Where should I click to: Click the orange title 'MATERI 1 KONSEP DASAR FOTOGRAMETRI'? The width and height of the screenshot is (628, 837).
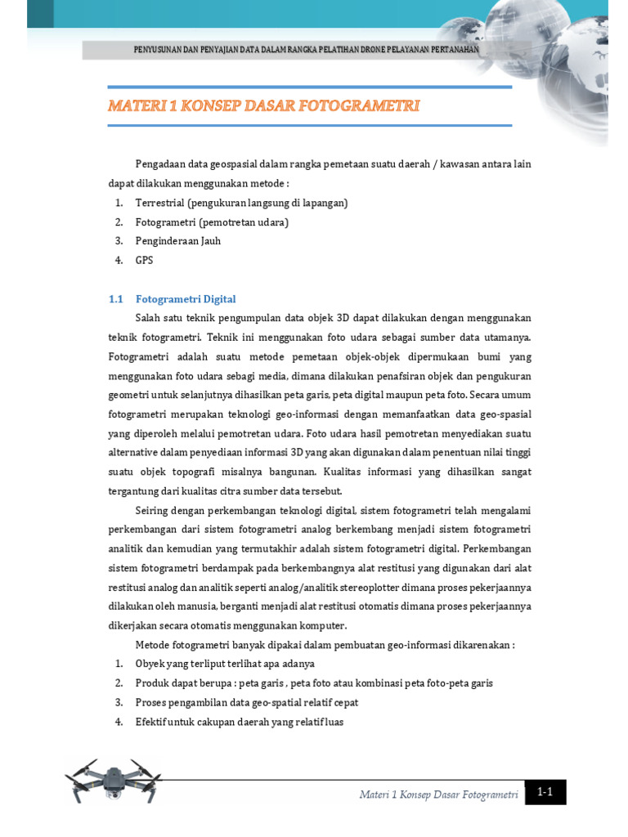click(264, 106)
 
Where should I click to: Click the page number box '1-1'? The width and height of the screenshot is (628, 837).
click(545, 792)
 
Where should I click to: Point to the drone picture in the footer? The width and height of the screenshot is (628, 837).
click(113, 779)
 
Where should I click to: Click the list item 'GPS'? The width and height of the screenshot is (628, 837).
click(144, 260)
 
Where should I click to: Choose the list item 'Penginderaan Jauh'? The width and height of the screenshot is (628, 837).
click(177, 241)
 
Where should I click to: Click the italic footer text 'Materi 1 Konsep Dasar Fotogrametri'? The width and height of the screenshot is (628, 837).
click(439, 794)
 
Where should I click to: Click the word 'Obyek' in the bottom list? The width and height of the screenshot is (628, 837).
click(150, 664)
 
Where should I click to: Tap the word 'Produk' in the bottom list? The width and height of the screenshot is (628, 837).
click(152, 683)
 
